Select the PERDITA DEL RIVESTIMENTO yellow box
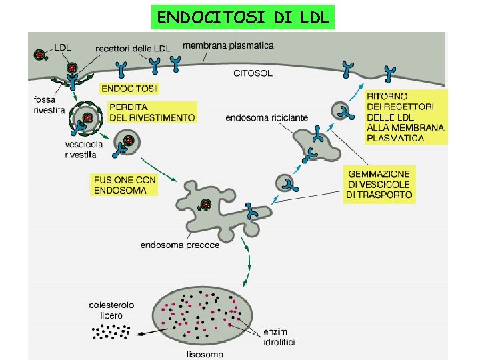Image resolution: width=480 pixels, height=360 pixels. click(153, 112)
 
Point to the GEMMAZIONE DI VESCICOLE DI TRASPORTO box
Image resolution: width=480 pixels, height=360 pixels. click(379, 184)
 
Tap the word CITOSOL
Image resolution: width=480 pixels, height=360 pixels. click(252, 73)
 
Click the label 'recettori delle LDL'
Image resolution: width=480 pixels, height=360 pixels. click(133, 48)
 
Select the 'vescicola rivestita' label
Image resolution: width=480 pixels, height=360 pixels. click(80, 150)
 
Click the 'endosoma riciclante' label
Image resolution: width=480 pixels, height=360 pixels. click(267, 117)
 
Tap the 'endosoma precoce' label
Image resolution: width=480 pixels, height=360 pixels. click(179, 245)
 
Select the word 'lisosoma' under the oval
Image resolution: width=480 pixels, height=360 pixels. click(205, 354)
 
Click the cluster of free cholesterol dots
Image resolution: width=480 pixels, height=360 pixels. click(111, 331)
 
